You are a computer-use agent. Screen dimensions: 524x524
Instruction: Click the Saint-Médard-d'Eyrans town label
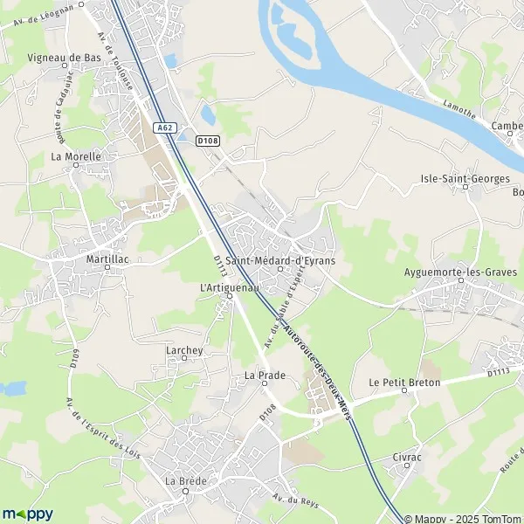(x=281, y=260)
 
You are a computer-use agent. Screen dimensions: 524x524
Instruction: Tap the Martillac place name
(x=107, y=260)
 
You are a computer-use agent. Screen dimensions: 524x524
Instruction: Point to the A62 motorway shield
(x=164, y=128)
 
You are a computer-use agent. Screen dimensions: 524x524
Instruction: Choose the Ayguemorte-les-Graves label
(x=460, y=272)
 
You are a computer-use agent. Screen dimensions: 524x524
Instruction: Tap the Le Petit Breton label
(x=404, y=383)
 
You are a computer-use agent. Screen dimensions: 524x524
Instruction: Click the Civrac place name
(x=407, y=456)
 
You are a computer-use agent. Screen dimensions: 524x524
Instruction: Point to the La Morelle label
(x=76, y=156)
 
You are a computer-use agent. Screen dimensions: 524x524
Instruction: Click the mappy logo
(x=28, y=514)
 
